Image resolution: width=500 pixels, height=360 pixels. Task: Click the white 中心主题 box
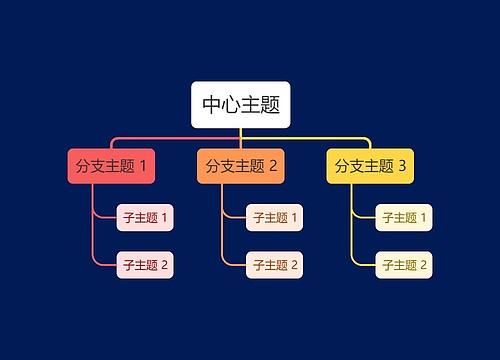click(240, 105)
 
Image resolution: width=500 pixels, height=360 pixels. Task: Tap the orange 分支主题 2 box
click(241, 166)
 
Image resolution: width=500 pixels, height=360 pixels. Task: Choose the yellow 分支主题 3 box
click(370, 166)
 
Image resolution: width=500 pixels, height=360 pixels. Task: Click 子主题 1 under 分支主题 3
click(404, 217)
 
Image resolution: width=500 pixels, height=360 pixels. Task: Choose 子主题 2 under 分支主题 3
click(404, 265)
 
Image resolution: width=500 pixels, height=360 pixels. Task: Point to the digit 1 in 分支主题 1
click(144, 166)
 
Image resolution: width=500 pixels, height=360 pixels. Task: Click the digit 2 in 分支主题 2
click(273, 166)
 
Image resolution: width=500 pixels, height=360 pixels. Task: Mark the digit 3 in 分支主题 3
click(402, 166)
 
